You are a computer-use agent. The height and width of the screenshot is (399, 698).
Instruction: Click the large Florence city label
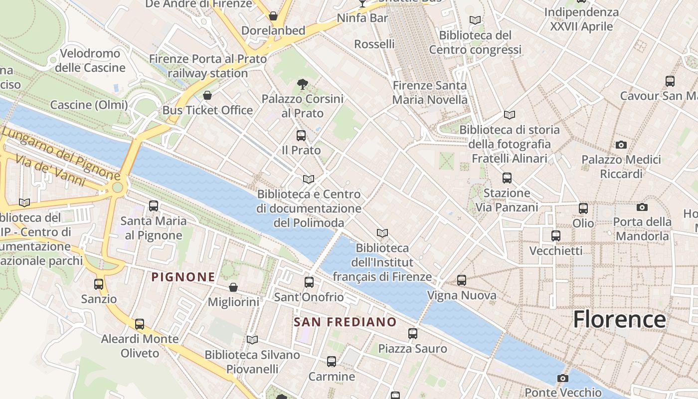pyautogui.click(x=619, y=319)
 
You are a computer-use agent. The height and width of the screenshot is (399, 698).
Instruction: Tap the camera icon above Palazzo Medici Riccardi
pyautogui.click(x=621, y=145)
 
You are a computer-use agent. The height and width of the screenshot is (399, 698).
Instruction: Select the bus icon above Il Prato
pyautogui.click(x=301, y=135)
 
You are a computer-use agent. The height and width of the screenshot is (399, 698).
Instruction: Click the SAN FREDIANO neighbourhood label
pyautogui.click(x=345, y=322)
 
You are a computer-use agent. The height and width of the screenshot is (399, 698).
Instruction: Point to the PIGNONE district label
pyautogui.click(x=183, y=277)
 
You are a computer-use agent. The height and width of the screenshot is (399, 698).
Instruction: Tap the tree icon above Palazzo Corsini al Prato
pyautogui.click(x=302, y=84)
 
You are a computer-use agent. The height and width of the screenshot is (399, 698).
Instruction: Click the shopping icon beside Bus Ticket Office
pyautogui.click(x=207, y=95)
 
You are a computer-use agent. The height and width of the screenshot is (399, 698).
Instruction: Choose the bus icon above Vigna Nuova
pyautogui.click(x=462, y=280)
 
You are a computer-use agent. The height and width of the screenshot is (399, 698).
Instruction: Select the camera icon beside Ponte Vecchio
pyautogui.click(x=563, y=378)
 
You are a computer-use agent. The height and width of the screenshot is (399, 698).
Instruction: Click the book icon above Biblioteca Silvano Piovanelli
pyautogui.click(x=252, y=340)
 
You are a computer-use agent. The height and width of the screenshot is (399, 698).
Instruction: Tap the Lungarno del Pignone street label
pyautogui.click(x=60, y=153)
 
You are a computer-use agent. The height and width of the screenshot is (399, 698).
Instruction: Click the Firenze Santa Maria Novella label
pyautogui.click(x=430, y=92)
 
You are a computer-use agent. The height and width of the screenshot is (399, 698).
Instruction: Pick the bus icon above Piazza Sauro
pyautogui.click(x=413, y=333)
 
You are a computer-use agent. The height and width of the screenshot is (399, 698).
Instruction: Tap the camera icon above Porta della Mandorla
pyautogui.click(x=642, y=207)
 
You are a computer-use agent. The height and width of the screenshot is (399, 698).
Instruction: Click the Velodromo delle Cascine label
pyautogui.click(x=90, y=60)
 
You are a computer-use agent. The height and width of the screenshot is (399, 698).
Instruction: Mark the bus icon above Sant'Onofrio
pyautogui.click(x=309, y=282)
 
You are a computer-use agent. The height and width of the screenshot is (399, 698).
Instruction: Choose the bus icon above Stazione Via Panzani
pyautogui.click(x=507, y=178)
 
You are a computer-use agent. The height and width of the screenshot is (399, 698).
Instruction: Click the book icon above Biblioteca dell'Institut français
pyautogui.click(x=382, y=233)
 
